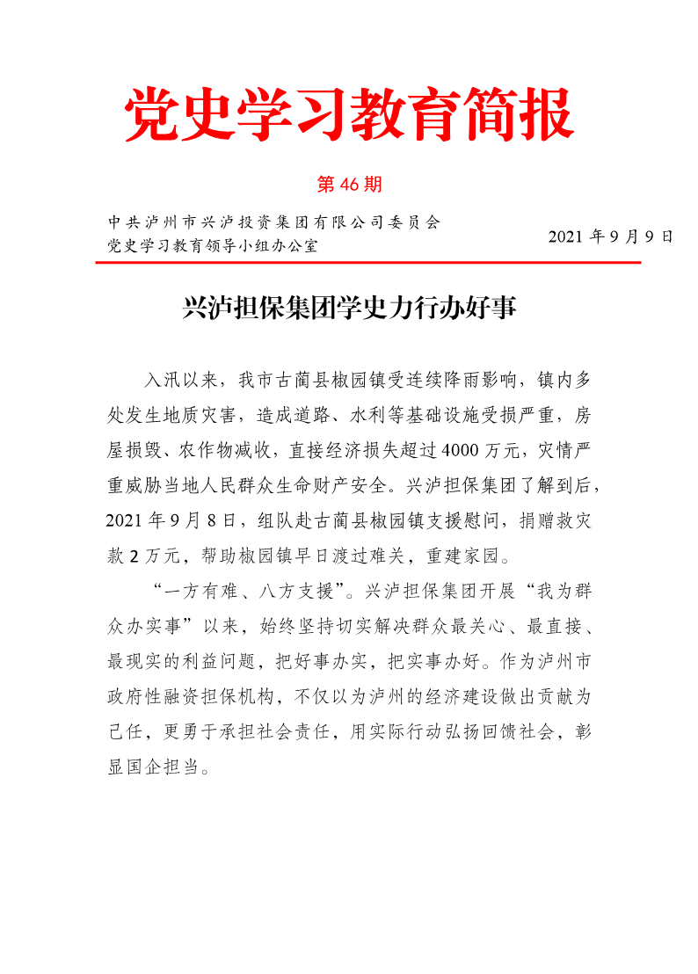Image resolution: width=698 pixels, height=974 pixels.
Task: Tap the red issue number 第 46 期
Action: click(348, 185)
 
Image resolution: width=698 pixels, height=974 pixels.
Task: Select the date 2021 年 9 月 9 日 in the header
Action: click(611, 236)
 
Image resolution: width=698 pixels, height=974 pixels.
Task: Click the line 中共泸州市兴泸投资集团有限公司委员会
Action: click(273, 222)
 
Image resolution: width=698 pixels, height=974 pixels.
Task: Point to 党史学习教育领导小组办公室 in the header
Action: click(212, 245)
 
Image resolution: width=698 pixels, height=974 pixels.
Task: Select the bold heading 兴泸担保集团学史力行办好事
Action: click(349, 309)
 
